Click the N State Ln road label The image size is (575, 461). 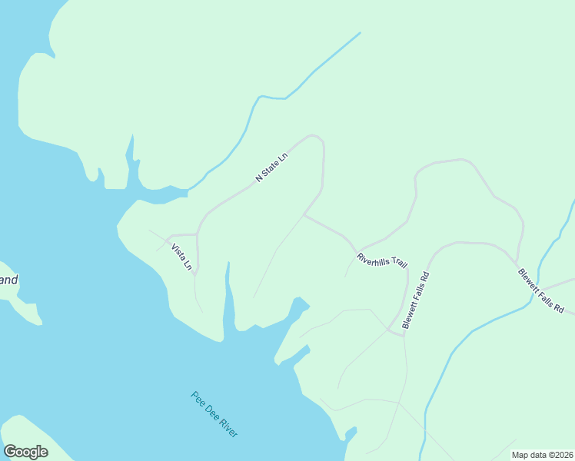point(271,166)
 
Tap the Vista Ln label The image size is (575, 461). point(181,257)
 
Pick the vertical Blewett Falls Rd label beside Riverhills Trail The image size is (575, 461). point(415,300)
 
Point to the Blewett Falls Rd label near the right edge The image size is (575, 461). point(540,290)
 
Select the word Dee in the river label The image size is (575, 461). point(212,413)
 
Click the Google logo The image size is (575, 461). point(25,451)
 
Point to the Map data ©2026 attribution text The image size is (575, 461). point(542,455)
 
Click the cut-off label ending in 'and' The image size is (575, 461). point(8,280)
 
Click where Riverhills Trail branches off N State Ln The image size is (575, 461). point(304,215)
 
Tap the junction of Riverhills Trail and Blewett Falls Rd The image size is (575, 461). point(404,334)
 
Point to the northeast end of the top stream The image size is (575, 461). point(360,33)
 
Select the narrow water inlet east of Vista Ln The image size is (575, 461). point(227,300)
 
